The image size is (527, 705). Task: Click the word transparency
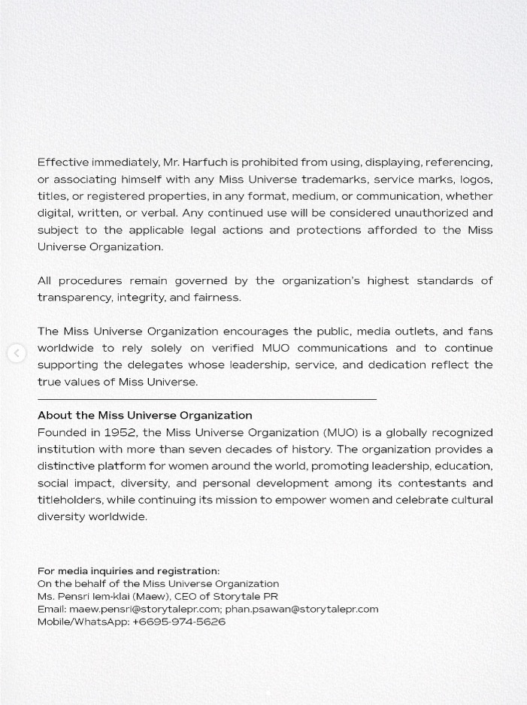pos(74,298)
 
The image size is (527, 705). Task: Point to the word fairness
pos(217,298)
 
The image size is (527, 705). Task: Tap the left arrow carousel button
pos(17,353)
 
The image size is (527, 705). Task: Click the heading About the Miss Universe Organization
pos(145,416)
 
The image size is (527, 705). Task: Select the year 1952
pos(120,433)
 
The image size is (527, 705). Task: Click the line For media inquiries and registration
pos(129,571)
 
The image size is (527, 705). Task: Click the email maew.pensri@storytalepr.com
pos(144,610)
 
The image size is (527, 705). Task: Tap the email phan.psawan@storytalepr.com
pos(301,610)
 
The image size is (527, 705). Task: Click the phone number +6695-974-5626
pos(179,622)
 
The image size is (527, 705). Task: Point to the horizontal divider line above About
pos(207,399)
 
